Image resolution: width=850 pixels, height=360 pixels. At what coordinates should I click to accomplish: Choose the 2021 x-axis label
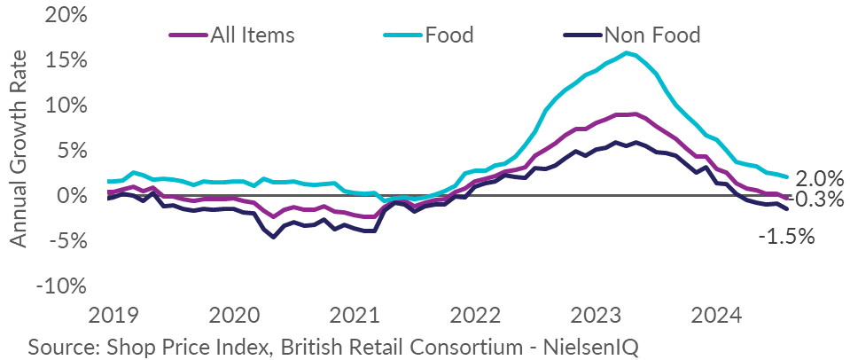[354, 317]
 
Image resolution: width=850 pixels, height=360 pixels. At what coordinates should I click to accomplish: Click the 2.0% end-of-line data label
[813, 177]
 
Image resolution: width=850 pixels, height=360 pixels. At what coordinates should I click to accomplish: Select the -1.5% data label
[785, 236]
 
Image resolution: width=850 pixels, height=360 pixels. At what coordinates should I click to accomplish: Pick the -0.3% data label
[813, 200]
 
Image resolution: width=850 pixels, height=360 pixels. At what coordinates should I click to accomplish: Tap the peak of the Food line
[627, 52]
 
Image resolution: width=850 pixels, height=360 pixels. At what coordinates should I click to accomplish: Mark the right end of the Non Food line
[786, 208]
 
